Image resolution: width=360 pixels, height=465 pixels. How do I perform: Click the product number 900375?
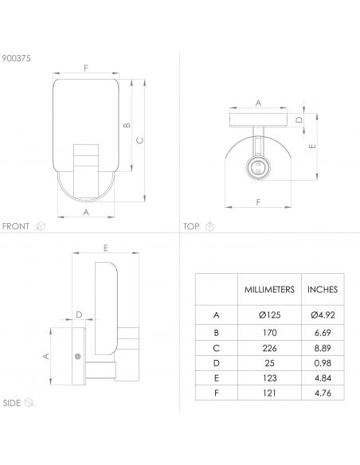pyautogui.click(x=16, y=58)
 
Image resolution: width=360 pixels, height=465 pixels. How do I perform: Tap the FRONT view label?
pyautogui.click(x=15, y=226)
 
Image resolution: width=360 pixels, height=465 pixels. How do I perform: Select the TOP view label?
pyautogui.click(x=191, y=226)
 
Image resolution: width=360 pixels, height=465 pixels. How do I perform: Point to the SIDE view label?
pyautogui.click(x=12, y=403)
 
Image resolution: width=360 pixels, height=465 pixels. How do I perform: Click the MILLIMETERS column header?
pyautogui.click(x=269, y=290)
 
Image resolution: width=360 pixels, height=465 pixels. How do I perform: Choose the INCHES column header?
pyautogui.click(x=323, y=290)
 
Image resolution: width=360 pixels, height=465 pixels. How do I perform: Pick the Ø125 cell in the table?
pyautogui.click(x=269, y=315)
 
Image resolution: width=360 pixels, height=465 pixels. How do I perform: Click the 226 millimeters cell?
pyautogui.click(x=269, y=348)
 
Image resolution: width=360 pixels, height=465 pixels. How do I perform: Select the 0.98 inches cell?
pyautogui.click(x=323, y=363)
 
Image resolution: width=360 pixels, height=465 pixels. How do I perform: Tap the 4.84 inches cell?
pyautogui.click(x=323, y=378)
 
